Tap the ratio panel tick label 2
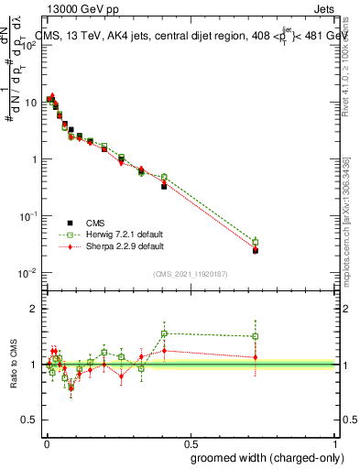click(x=34, y=309)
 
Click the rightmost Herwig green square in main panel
click(x=256, y=243)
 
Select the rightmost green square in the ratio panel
click(x=256, y=336)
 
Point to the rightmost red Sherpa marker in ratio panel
click(x=256, y=357)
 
